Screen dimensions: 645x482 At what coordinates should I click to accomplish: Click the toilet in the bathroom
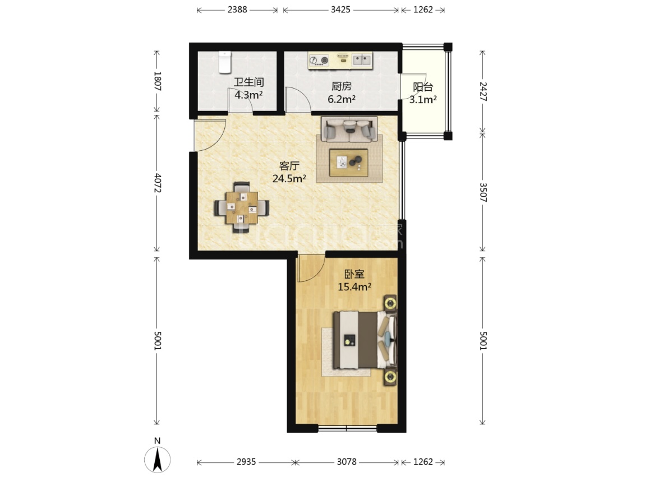point(224,62)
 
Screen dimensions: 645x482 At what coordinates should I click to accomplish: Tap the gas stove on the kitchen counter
point(319,61)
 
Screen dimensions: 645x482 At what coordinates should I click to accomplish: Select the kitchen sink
point(362,61)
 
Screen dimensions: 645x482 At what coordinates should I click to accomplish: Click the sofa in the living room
point(349,129)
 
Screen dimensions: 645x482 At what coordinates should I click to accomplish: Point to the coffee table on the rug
point(349,163)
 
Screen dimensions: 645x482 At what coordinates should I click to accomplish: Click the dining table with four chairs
point(242,207)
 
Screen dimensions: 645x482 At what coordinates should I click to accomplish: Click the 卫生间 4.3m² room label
point(248,89)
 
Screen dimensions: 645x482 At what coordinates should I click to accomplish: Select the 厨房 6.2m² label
point(342,92)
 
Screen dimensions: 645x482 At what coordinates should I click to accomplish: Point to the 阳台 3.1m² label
point(423,93)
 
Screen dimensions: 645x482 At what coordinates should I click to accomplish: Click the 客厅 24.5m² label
point(289,172)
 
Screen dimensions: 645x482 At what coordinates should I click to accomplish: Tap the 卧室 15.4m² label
point(354,280)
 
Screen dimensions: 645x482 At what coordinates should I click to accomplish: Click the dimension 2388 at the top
point(237,10)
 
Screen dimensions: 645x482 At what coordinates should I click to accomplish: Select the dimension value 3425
point(340,10)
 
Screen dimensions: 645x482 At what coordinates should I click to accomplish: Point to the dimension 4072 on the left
point(157,183)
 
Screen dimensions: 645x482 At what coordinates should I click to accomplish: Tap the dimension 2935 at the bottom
point(246,462)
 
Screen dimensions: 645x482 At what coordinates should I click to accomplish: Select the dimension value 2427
point(483,91)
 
